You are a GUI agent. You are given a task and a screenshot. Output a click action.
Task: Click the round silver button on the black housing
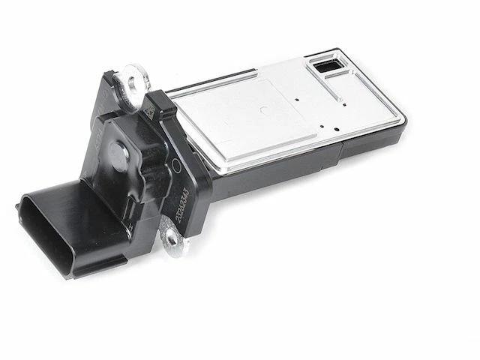coord(118,153)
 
